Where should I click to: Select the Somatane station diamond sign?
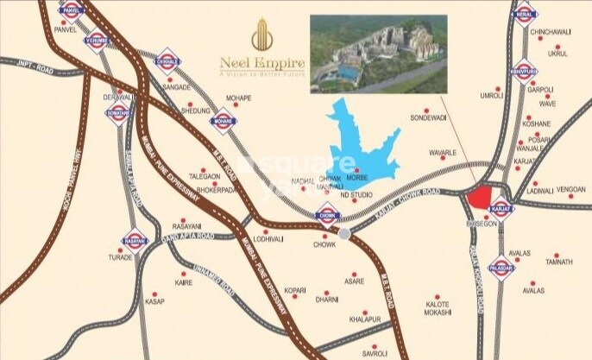click(x=119, y=114)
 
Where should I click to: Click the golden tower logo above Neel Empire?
click(x=258, y=35)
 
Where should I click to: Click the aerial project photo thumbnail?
click(x=380, y=54)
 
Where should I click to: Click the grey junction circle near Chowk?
click(x=344, y=234)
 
